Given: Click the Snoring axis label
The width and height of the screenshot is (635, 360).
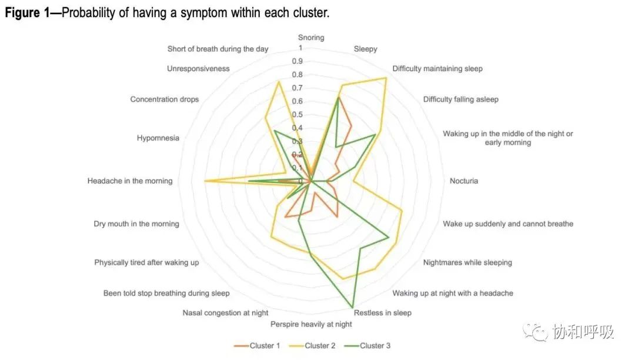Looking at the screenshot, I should (x=310, y=38).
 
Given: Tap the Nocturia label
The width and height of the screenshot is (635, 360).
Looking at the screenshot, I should (x=464, y=181).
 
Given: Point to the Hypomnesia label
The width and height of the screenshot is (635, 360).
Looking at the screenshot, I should (x=158, y=138).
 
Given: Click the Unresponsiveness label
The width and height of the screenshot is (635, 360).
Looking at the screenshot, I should (x=198, y=69).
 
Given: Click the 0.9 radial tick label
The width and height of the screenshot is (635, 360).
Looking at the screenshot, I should (x=298, y=61).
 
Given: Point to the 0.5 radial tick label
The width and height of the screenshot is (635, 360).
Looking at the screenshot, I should (x=298, y=115).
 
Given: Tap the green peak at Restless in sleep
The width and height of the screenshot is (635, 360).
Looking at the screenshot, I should (x=353, y=308).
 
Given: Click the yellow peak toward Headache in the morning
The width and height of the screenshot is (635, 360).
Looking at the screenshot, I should (x=204, y=181).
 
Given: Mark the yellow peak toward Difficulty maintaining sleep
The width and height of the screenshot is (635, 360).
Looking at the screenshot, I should (x=386, y=78).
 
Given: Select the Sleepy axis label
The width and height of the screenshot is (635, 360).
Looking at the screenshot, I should (x=365, y=49).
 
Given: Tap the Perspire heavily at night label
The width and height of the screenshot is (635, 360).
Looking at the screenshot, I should (x=311, y=324).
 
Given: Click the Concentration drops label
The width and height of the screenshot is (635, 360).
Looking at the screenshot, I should (x=165, y=99).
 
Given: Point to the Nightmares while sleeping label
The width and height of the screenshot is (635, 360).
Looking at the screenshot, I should (x=467, y=262).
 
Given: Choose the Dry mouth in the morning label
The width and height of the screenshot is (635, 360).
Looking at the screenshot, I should (x=136, y=224).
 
